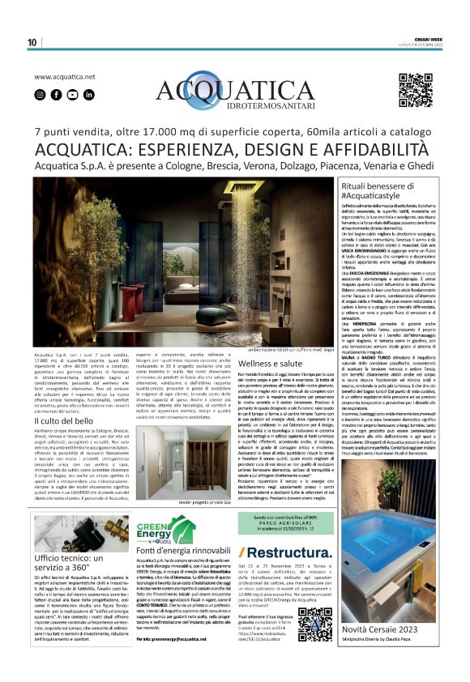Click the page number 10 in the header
32,42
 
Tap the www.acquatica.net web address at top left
65,77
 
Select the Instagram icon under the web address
40,94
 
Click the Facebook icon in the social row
56,94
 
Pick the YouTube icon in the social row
72,94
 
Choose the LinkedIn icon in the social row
88,94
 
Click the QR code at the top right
415,90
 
